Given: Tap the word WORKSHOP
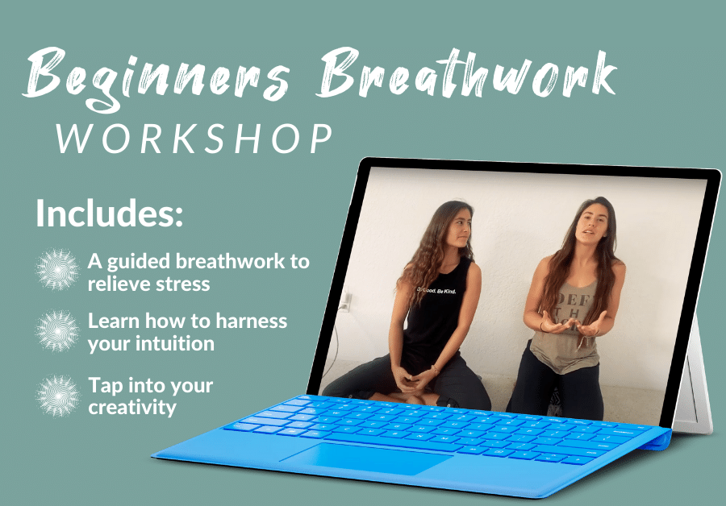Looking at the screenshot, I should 194,139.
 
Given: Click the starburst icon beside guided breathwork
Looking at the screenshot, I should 58,271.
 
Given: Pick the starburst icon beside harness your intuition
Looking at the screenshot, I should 58,331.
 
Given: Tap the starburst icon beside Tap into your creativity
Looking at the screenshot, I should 58,395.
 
